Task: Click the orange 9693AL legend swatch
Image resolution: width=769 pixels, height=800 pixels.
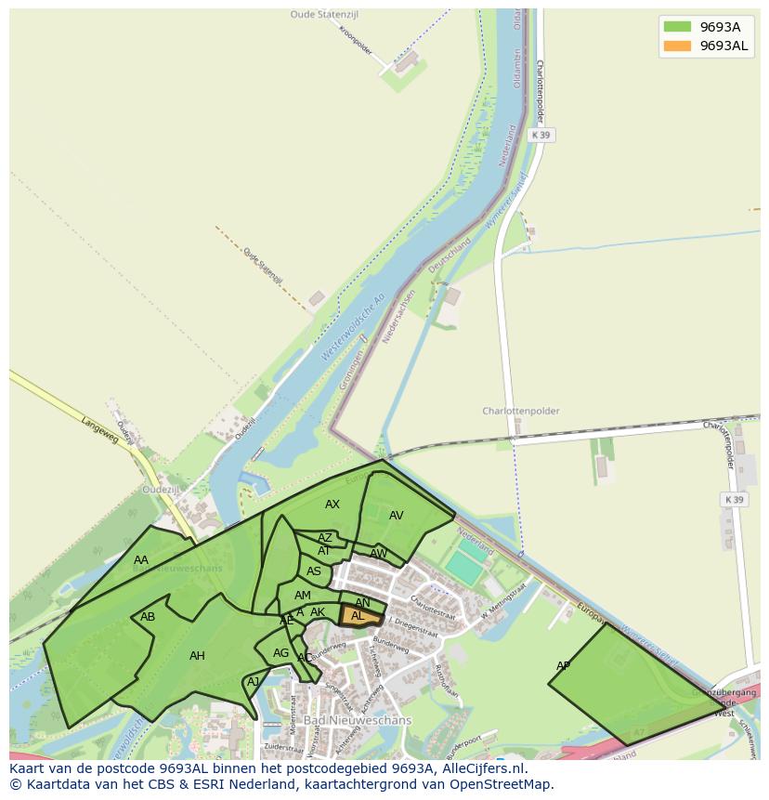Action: pyautogui.click(x=677, y=46)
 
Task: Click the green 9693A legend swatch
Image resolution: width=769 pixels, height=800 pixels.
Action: pyautogui.click(x=677, y=26)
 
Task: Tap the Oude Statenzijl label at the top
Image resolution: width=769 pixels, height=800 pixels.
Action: pyautogui.click(x=324, y=15)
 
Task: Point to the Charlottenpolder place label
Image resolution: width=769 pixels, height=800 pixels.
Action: pyautogui.click(x=520, y=411)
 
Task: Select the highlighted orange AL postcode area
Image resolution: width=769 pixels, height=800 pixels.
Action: pyautogui.click(x=360, y=616)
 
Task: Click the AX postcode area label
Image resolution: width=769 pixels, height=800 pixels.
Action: pyautogui.click(x=332, y=505)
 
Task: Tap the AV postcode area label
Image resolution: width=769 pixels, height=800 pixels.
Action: pyautogui.click(x=397, y=516)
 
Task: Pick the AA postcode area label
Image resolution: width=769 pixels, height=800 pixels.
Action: pyautogui.click(x=141, y=560)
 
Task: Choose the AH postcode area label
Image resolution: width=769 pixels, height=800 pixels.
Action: pyautogui.click(x=197, y=656)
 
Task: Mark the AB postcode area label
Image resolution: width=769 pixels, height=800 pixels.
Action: pyautogui.click(x=148, y=617)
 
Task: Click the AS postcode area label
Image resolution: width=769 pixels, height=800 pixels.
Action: pyautogui.click(x=314, y=571)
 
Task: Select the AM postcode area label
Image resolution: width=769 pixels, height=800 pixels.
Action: pyautogui.click(x=303, y=596)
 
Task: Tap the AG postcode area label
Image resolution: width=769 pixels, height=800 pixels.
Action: pyautogui.click(x=281, y=653)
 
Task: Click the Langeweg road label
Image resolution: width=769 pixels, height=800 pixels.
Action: pyautogui.click(x=100, y=430)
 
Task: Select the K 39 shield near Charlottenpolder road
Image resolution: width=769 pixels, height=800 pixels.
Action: pyautogui.click(x=734, y=500)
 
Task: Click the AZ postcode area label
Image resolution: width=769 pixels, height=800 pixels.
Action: pyautogui.click(x=325, y=538)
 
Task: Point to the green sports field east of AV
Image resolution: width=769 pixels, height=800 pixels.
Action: pyautogui.click(x=464, y=566)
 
